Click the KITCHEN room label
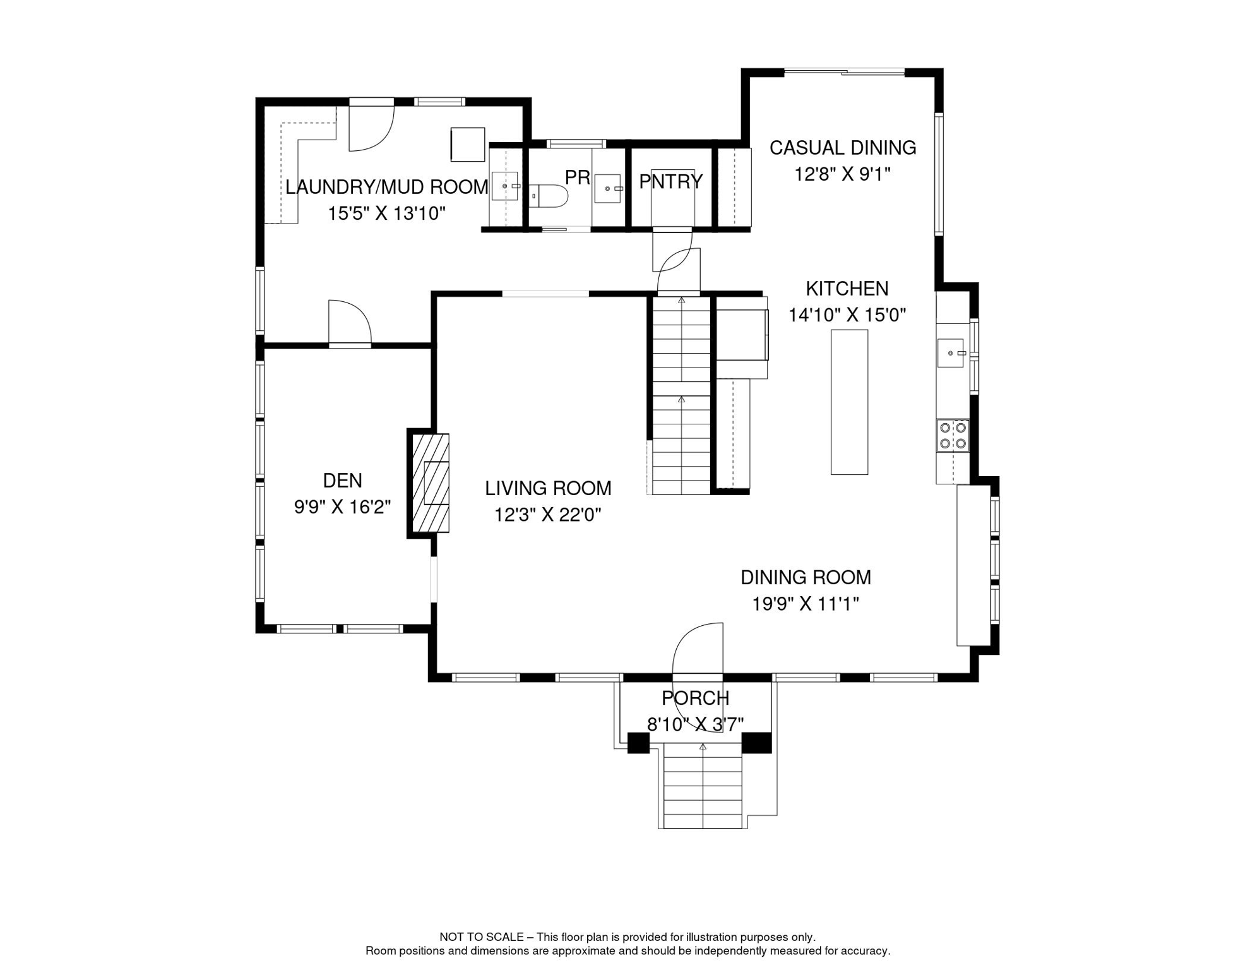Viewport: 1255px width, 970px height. (847, 289)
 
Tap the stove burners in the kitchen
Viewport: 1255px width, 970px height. (953, 436)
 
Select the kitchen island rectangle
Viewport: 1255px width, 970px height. (849, 402)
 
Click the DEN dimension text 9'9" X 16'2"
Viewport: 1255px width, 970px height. (342, 506)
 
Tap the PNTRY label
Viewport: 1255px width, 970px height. (670, 182)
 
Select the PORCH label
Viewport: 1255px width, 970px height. (695, 698)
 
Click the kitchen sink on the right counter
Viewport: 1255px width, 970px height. (950, 353)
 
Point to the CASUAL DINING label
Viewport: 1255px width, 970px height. (842, 148)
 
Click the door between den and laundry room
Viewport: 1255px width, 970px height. (349, 323)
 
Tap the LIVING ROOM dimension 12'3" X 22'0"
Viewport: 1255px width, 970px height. (547, 515)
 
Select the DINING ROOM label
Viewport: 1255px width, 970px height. (805, 577)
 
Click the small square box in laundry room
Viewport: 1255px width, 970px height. (467, 145)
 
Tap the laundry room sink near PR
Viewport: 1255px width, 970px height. (504, 186)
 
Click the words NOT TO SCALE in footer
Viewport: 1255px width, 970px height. (481, 937)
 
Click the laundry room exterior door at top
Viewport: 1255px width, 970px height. (371, 126)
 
